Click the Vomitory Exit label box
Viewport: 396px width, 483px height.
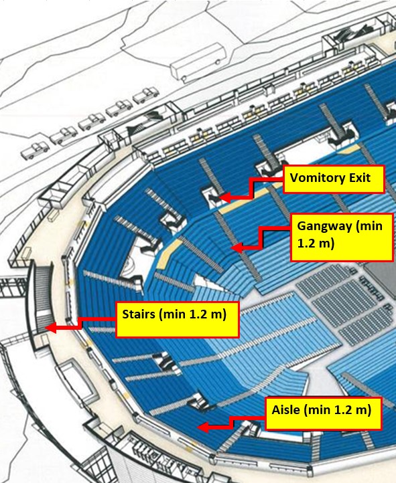tap(334, 179)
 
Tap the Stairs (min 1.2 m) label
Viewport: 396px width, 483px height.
tap(178, 319)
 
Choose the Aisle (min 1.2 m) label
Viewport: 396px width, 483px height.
tap(324, 413)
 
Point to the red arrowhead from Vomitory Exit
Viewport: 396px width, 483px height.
tap(225, 197)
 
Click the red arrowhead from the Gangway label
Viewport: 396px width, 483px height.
tap(237, 248)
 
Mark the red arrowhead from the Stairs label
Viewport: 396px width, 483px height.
tap(51, 328)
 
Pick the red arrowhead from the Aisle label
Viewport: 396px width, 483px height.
tap(203, 427)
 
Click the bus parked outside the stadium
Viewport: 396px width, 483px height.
tap(198, 62)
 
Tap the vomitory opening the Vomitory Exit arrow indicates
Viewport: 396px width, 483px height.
tap(213, 198)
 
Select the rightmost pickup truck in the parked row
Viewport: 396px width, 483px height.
tap(146, 95)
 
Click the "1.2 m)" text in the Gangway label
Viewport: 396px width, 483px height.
tap(316, 244)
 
